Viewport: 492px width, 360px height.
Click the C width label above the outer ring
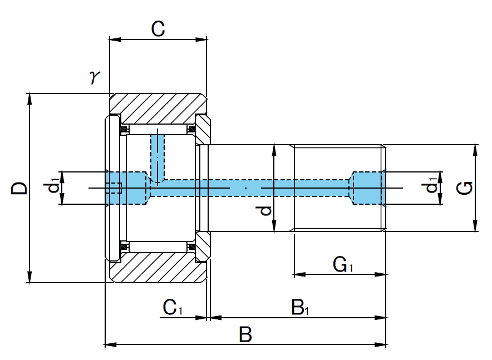pyautogui.click(x=158, y=29)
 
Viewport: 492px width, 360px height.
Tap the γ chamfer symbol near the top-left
pyautogui.click(x=94, y=77)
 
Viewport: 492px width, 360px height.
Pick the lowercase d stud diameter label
pyautogui.click(x=266, y=210)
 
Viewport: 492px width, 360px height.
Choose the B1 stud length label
pyautogui.click(x=299, y=307)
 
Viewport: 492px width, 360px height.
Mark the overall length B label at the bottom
pyautogui.click(x=245, y=335)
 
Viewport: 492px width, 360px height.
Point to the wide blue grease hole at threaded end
pyautogui.click(x=367, y=188)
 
